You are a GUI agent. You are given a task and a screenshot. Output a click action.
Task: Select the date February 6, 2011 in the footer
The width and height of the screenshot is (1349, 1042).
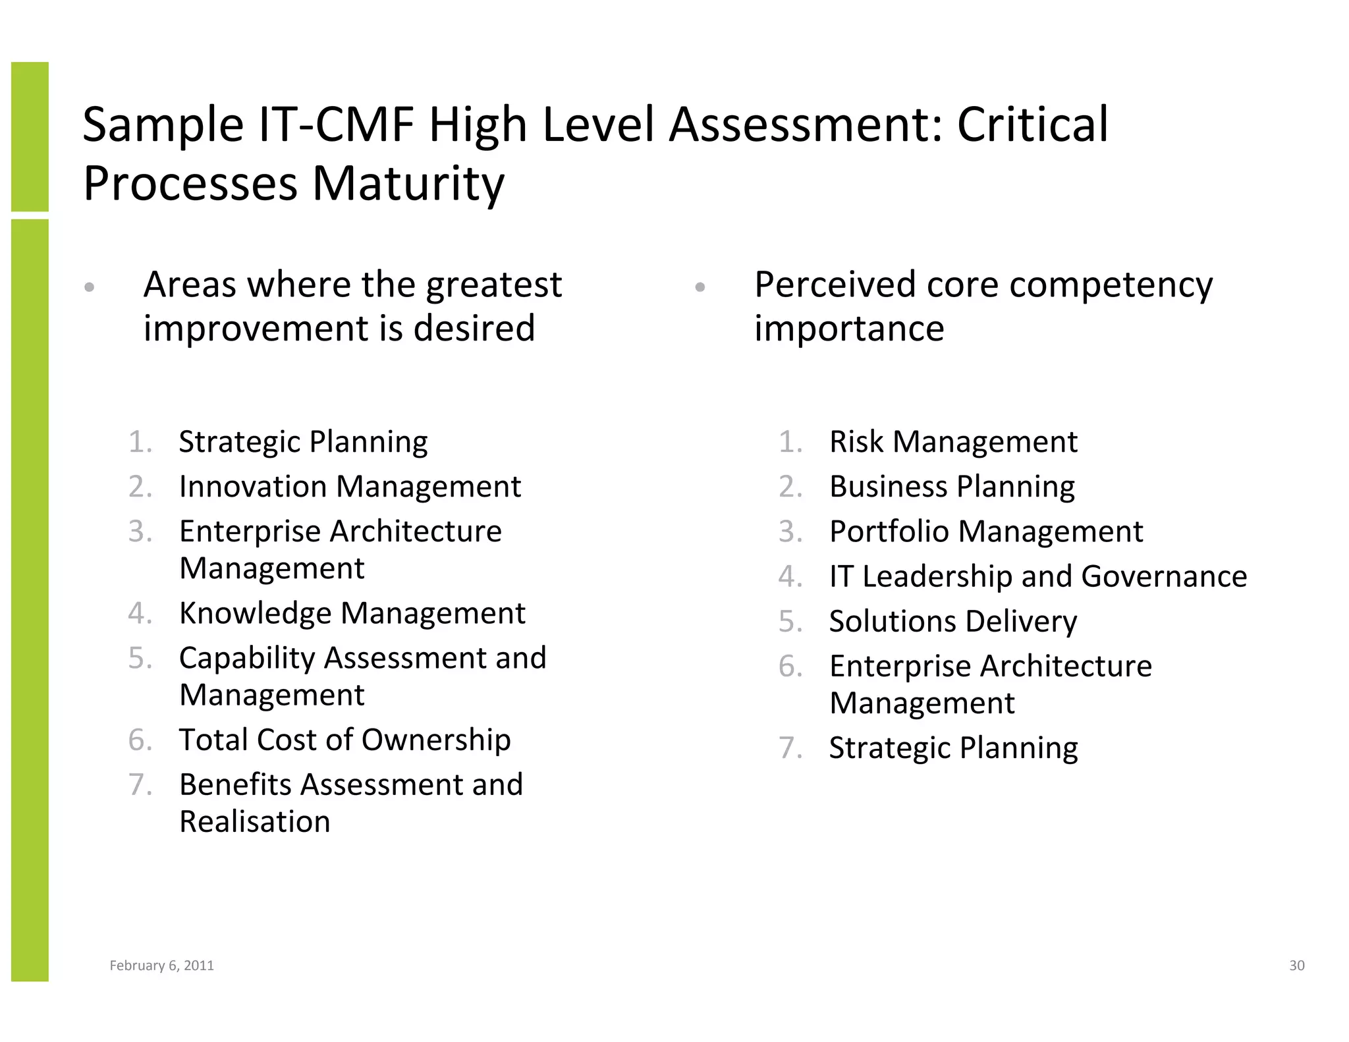(161, 966)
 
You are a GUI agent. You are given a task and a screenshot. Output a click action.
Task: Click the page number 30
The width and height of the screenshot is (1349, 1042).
(1296, 966)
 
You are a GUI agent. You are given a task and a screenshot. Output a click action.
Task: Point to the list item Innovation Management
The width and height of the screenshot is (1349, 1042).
(350, 487)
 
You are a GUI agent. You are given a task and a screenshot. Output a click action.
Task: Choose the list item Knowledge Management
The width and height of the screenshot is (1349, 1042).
(352, 613)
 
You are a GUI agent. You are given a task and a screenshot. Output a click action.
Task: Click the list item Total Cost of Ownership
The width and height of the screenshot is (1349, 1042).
(344, 740)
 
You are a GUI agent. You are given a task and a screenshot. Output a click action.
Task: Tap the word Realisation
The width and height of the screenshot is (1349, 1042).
(255, 822)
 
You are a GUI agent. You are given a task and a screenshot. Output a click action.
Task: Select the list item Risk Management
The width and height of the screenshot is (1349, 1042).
(953, 442)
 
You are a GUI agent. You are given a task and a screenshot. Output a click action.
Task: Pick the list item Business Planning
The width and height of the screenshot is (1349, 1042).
(952, 487)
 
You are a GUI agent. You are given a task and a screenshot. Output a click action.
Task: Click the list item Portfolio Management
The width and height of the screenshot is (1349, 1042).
(986, 532)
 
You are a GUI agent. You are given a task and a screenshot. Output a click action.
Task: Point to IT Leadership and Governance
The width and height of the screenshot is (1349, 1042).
(1038, 576)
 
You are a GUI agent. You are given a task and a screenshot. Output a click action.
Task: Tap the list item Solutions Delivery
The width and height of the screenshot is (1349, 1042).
(953, 621)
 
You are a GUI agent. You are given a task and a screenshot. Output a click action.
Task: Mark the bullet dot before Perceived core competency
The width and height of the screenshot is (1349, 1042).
(700, 287)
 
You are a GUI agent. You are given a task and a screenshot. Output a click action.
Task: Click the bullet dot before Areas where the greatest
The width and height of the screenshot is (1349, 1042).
(90, 287)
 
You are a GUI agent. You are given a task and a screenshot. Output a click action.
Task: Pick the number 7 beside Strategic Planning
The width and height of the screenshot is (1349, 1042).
(789, 748)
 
